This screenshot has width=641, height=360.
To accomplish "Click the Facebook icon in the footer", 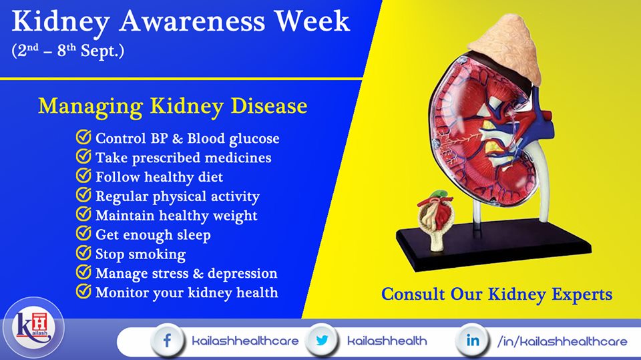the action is click(167, 341).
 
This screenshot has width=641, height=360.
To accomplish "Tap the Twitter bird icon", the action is click(322, 341).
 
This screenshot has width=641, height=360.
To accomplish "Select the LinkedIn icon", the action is click(473, 341).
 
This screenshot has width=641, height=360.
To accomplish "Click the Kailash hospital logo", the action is click(33, 328).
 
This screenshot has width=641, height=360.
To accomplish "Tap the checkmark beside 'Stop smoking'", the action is click(83, 253).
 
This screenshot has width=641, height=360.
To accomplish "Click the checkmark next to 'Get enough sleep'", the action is click(83, 234).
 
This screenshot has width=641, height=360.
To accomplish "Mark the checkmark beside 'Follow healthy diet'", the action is click(83, 176).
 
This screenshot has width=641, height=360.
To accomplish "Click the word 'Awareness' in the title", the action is click(192, 21).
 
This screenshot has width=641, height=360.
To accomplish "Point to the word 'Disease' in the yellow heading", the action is click(269, 106).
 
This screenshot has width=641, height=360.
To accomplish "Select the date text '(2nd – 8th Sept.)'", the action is click(68, 51).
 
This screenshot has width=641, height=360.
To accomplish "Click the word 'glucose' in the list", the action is click(254, 139).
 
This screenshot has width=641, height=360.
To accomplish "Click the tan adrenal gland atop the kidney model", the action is click(505, 47).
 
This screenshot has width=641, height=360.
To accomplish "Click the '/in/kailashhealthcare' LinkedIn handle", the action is click(562, 341).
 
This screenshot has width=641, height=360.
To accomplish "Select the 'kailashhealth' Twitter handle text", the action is click(387, 341).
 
